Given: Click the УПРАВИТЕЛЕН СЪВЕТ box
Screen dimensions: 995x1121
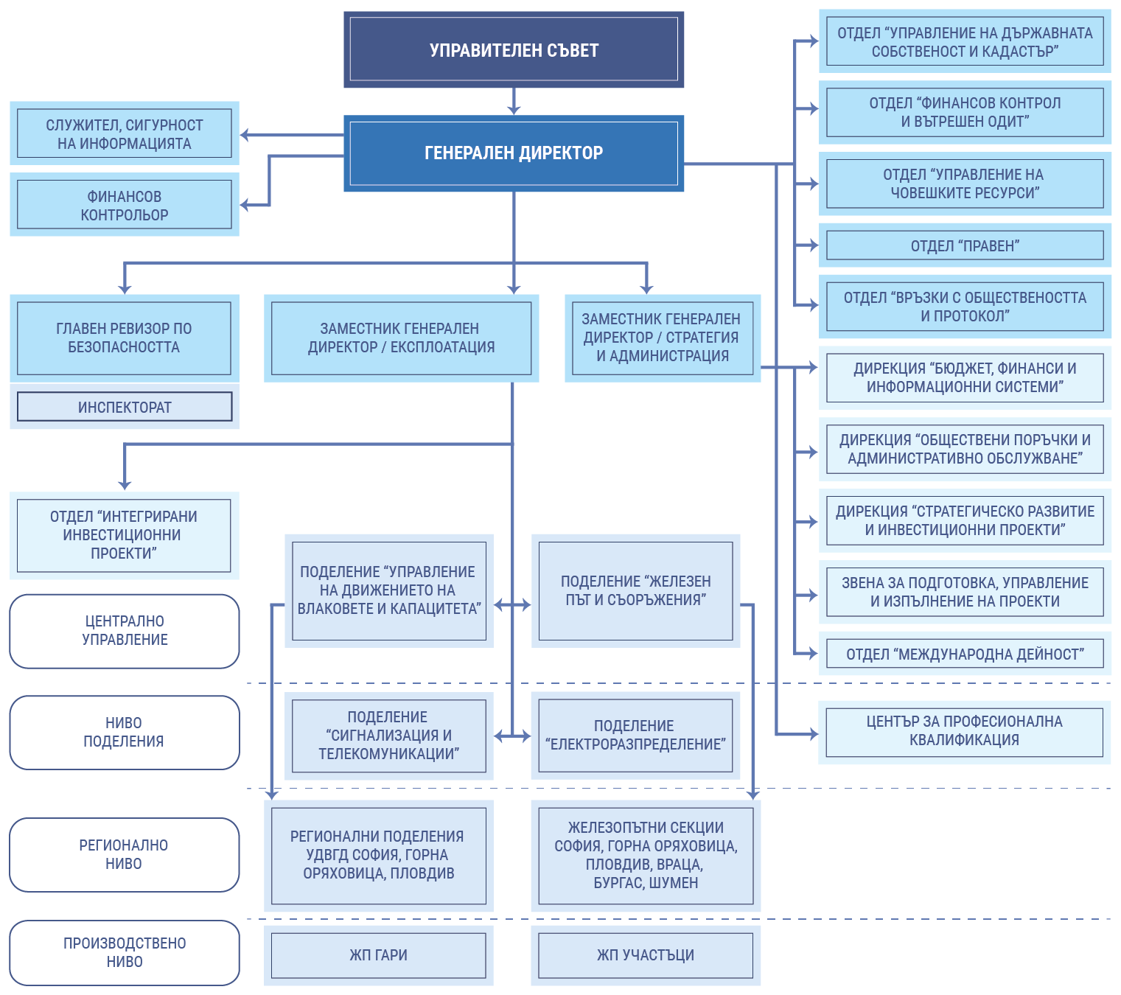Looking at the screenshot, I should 514,49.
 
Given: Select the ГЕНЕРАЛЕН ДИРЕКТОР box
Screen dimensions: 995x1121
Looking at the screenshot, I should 514,153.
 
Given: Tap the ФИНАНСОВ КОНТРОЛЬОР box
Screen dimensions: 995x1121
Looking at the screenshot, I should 125,205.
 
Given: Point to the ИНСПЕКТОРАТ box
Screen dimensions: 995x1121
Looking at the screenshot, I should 125,407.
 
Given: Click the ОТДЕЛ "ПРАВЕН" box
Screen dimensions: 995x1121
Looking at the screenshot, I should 965,245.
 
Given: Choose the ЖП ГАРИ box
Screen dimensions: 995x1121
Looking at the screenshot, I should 379,955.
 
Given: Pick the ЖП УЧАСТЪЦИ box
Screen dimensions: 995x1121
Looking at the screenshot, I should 646,955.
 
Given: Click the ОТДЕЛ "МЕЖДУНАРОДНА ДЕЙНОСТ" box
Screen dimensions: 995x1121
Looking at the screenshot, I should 965,654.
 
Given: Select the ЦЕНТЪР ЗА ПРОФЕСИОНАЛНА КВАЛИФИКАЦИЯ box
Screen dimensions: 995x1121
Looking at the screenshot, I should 965,731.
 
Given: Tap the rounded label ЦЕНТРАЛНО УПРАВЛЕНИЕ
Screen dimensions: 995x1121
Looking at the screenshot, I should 125,631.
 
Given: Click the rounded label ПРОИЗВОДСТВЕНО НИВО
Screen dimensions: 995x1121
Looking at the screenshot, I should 125,952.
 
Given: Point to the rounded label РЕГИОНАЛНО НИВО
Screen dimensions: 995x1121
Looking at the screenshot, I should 125,854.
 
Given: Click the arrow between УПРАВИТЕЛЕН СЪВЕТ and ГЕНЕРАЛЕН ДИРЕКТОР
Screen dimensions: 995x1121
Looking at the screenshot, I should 514,102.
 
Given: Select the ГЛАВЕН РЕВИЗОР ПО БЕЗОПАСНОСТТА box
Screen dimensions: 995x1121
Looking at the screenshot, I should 125,338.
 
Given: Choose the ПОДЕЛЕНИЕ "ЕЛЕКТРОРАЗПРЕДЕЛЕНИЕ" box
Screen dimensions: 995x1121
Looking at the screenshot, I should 635,735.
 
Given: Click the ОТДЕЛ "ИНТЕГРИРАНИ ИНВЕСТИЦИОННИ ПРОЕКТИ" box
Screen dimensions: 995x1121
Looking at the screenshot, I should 125,535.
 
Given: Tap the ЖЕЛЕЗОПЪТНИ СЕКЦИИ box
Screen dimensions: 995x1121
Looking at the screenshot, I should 646,855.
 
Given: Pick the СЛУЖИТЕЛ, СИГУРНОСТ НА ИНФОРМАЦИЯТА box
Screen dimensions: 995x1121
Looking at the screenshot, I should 125,133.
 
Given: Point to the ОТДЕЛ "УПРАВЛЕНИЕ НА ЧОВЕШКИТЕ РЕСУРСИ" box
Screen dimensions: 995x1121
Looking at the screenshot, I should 965,184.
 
